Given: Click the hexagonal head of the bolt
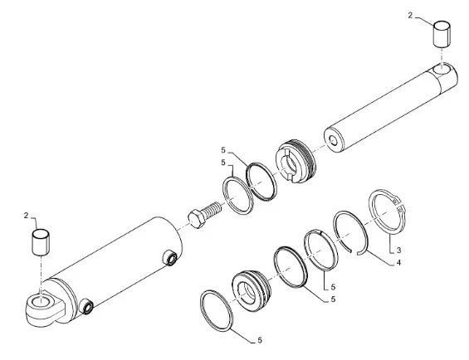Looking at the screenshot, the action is click(197, 219).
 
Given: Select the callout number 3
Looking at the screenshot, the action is click(398, 250).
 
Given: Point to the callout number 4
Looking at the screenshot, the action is click(398, 263).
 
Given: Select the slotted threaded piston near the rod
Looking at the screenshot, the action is click(296, 161).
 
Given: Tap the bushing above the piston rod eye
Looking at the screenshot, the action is click(442, 34).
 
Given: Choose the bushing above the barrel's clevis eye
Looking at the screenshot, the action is click(41, 242).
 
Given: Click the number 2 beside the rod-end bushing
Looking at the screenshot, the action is click(410, 15).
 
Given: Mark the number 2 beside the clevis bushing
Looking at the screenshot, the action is click(26, 216).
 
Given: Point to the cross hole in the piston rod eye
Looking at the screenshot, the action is click(442, 69).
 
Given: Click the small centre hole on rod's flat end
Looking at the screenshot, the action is click(333, 140).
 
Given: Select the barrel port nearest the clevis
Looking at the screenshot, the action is click(87, 307).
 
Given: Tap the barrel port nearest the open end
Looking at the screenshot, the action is click(169, 258).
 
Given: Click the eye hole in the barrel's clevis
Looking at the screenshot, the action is click(42, 301).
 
